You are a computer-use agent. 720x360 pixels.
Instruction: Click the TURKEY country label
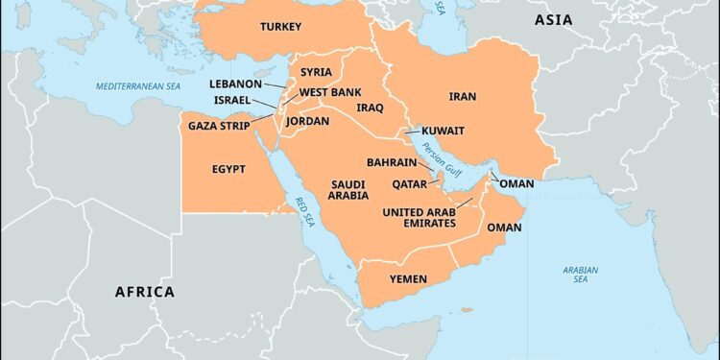click(x=280, y=27)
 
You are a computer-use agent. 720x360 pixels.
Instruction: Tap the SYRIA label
click(x=316, y=72)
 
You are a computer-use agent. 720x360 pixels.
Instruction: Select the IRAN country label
click(x=463, y=96)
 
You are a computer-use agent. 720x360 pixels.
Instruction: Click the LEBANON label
click(x=235, y=84)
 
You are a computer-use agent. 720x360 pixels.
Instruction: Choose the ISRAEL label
click(x=232, y=100)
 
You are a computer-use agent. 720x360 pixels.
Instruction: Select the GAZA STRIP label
click(x=219, y=126)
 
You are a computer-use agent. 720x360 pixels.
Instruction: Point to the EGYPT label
click(x=228, y=169)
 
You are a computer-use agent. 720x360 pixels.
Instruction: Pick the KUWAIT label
click(x=444, y=131)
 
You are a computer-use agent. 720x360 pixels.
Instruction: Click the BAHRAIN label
click(x=392, y=163)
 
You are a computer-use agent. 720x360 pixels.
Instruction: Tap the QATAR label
click(x=410, y=183)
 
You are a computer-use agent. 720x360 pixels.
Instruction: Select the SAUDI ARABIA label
click(x=349, y=189)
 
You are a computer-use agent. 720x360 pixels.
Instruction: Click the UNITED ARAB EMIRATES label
click(x=419, y=218)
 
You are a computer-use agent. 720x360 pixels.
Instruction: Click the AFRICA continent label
click(x=145, y=292)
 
